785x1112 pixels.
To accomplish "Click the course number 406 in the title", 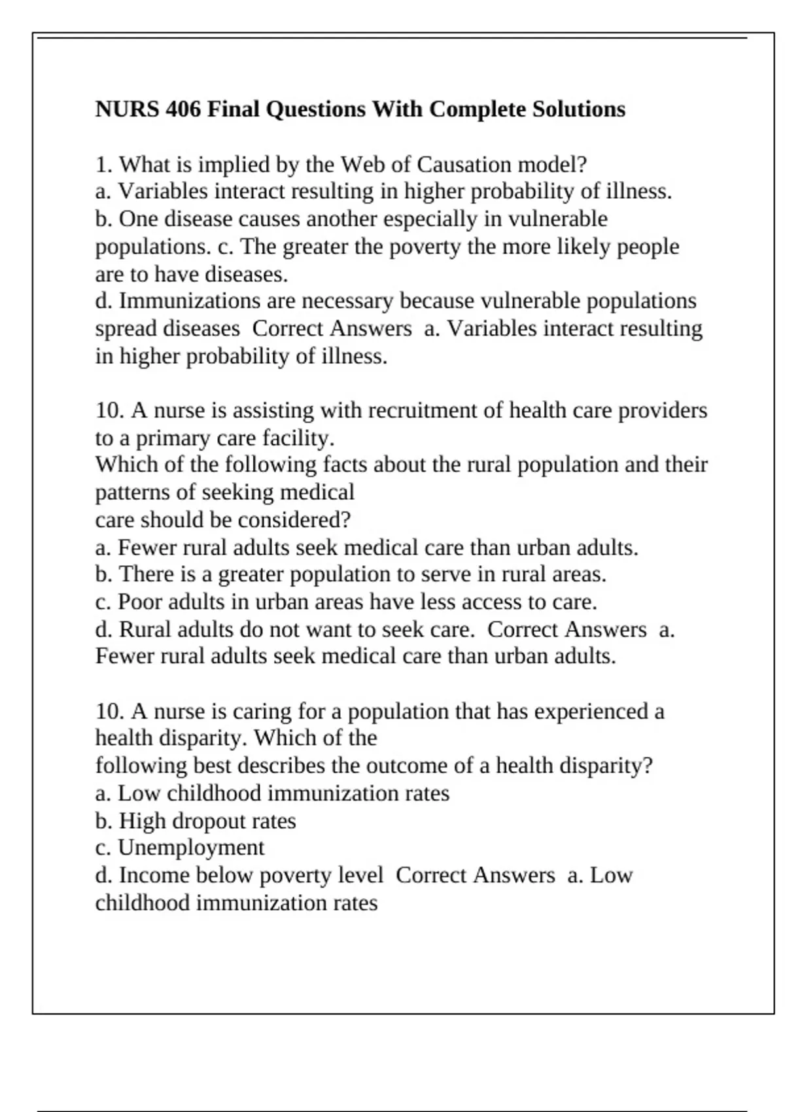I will (x=183, y=109).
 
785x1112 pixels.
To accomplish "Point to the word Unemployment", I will (x=191, y=848).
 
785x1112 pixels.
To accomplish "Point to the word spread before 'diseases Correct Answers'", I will (x=126, y=328).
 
